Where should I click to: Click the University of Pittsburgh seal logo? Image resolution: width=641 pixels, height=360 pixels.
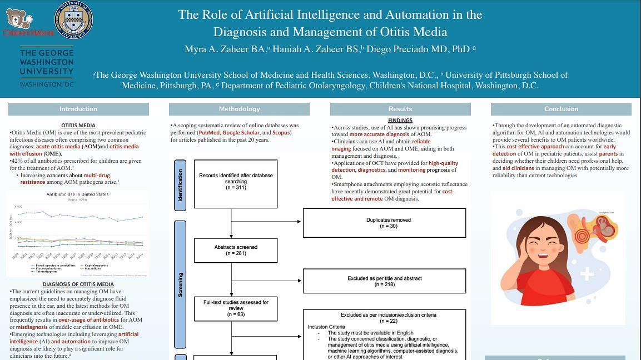(74, 20)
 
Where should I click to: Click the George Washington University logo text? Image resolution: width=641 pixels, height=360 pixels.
(47, 68)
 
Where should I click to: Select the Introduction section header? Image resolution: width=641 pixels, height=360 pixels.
(78, 109)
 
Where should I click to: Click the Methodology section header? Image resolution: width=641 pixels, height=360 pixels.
(239, 109)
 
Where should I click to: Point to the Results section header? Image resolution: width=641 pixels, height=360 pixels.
(400, 109)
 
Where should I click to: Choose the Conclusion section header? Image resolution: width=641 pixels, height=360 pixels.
(561, 109)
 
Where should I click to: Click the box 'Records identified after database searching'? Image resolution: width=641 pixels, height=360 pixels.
(236, 182)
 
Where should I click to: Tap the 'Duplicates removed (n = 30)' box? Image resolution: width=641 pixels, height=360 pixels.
(384, 223)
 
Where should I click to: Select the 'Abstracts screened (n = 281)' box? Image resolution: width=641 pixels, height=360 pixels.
(236, 250)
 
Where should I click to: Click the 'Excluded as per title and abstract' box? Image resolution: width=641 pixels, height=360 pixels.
(384, 281)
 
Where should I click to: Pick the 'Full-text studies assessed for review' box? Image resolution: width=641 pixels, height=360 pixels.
(236, 308)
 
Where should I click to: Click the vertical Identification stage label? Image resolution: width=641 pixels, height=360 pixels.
(180, 185)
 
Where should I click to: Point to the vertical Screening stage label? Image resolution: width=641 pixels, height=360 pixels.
(180, 284)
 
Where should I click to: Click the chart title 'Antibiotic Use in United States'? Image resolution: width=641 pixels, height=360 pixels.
(77, 194)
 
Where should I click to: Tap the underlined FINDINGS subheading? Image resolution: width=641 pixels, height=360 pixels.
(400, 121)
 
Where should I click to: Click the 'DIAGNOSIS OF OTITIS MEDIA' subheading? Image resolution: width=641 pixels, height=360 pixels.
(78, 284)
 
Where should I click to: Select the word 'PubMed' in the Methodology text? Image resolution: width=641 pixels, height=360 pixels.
(209, 133)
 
